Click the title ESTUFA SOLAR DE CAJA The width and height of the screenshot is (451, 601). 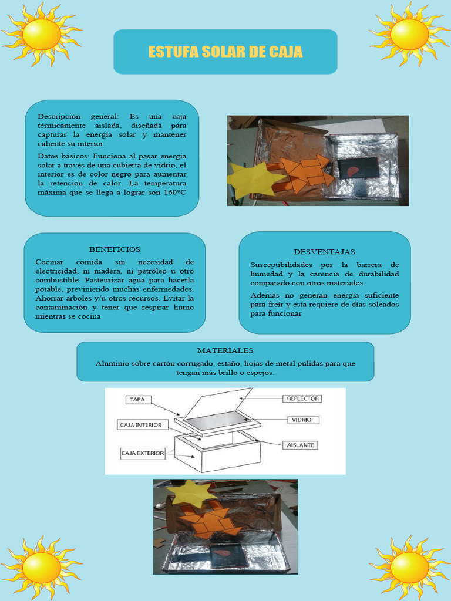[225, 52]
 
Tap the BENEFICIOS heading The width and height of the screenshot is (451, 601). [115, 249]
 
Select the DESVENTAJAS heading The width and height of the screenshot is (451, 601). [324, 252]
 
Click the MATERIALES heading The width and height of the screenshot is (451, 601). [225, 350]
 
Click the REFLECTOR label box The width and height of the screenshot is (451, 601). [302, 399]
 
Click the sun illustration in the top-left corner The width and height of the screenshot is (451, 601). [41, 34]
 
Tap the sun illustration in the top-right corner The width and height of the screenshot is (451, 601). [409, 34]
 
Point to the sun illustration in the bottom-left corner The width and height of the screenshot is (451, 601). [41, 568]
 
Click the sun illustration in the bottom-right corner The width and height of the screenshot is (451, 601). [409, 568]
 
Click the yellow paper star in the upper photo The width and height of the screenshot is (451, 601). [254, 178]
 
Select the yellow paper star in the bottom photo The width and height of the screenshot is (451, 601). [191, 494]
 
